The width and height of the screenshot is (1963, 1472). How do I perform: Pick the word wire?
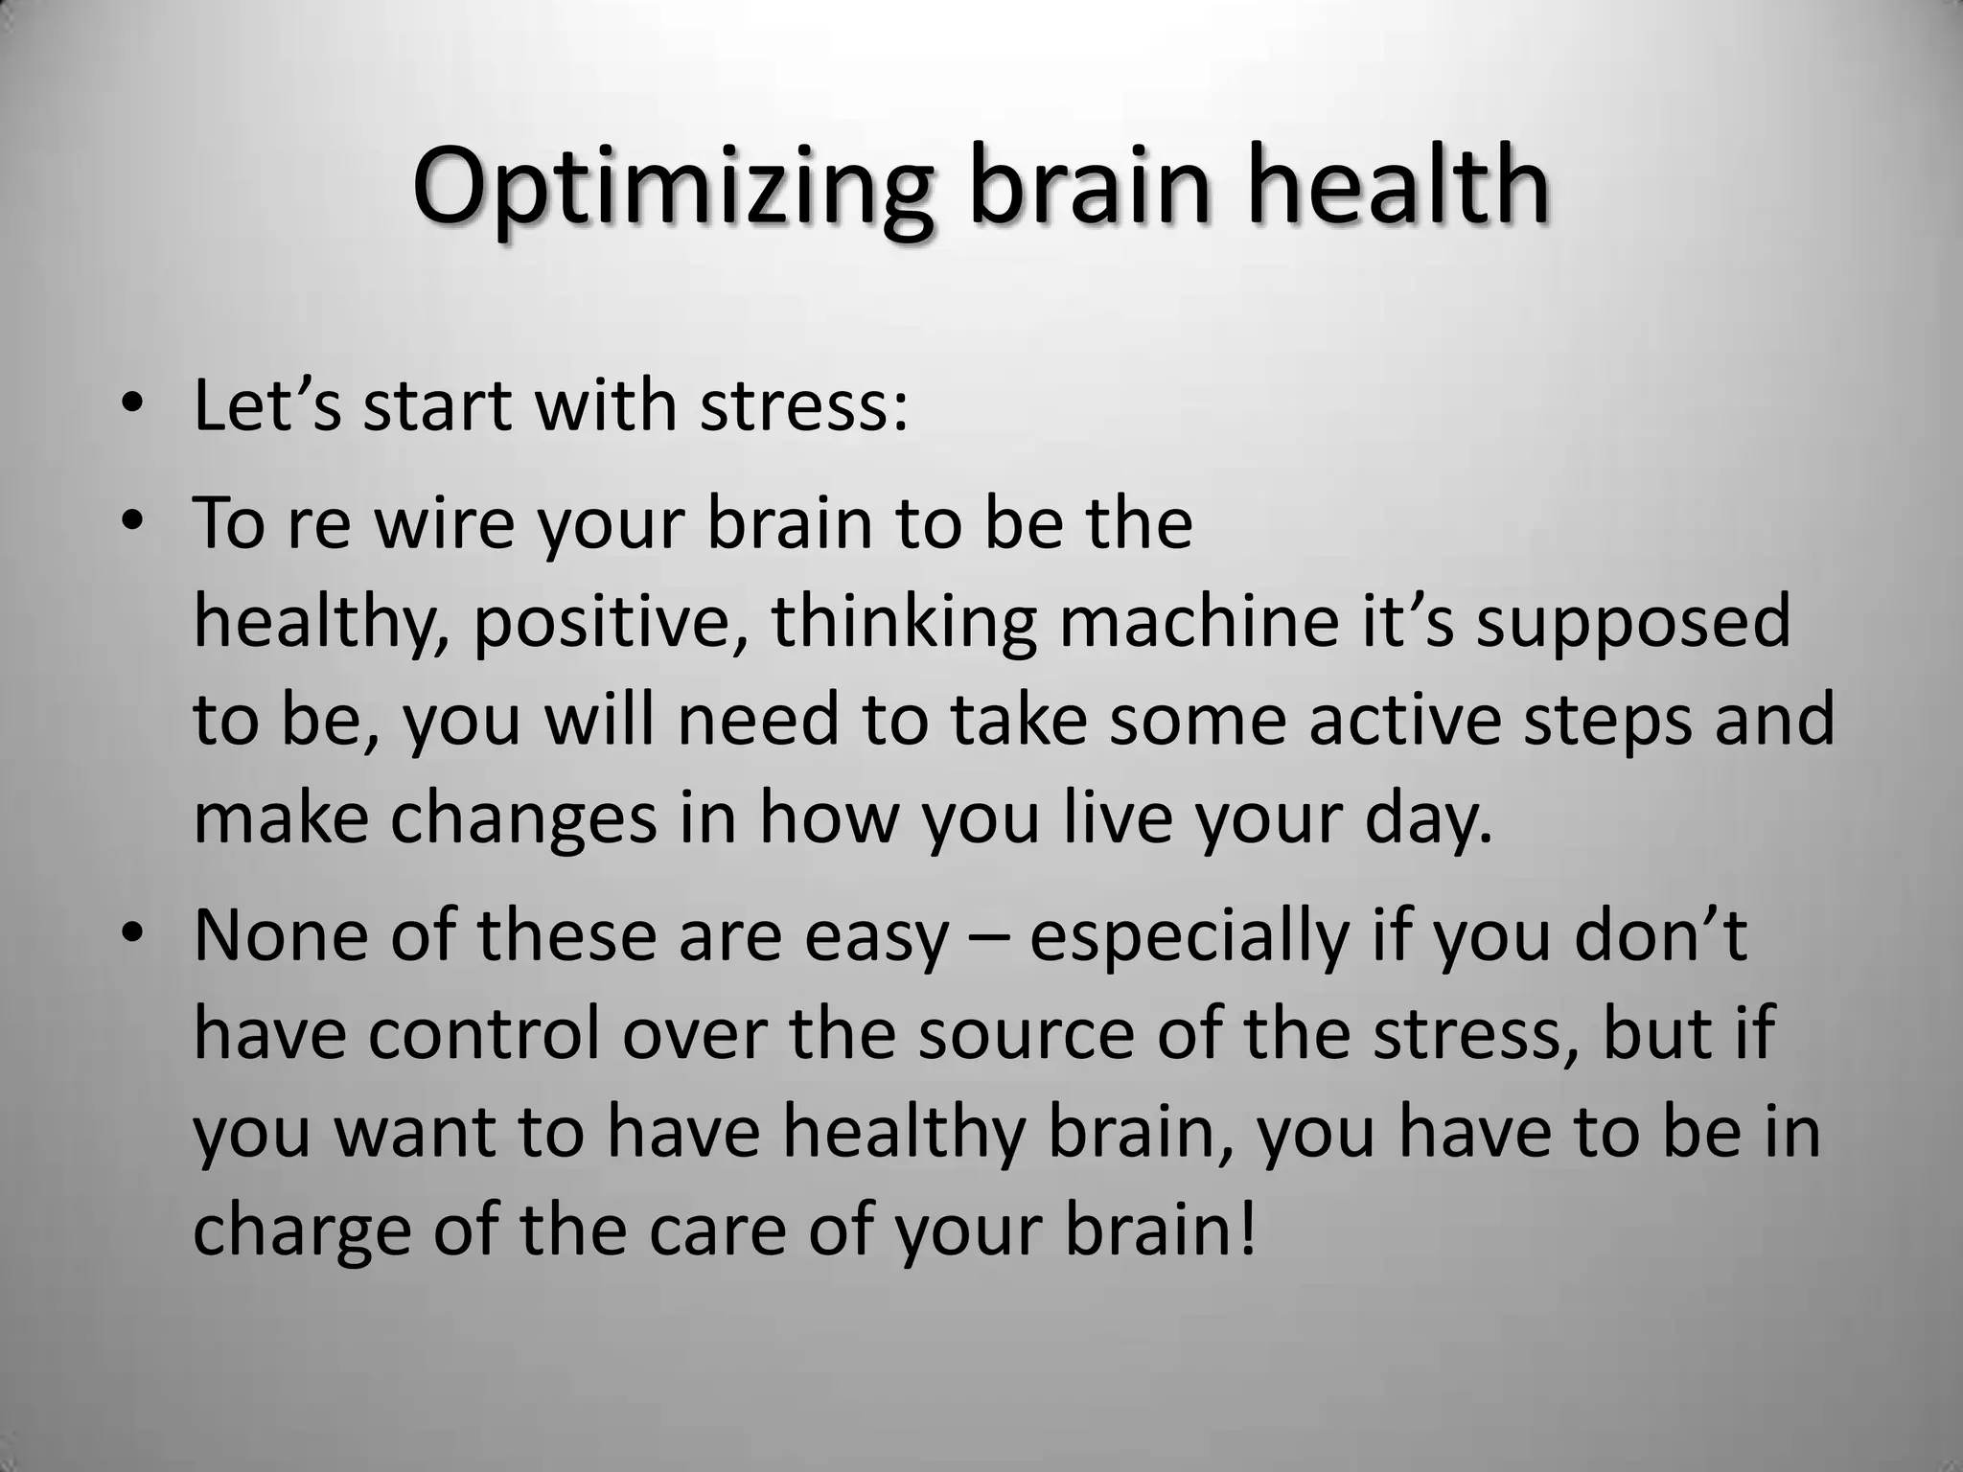pos(444,524)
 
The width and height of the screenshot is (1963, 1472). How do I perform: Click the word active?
pos(1403,721)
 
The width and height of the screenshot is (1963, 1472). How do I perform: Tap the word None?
pos(281,936)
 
